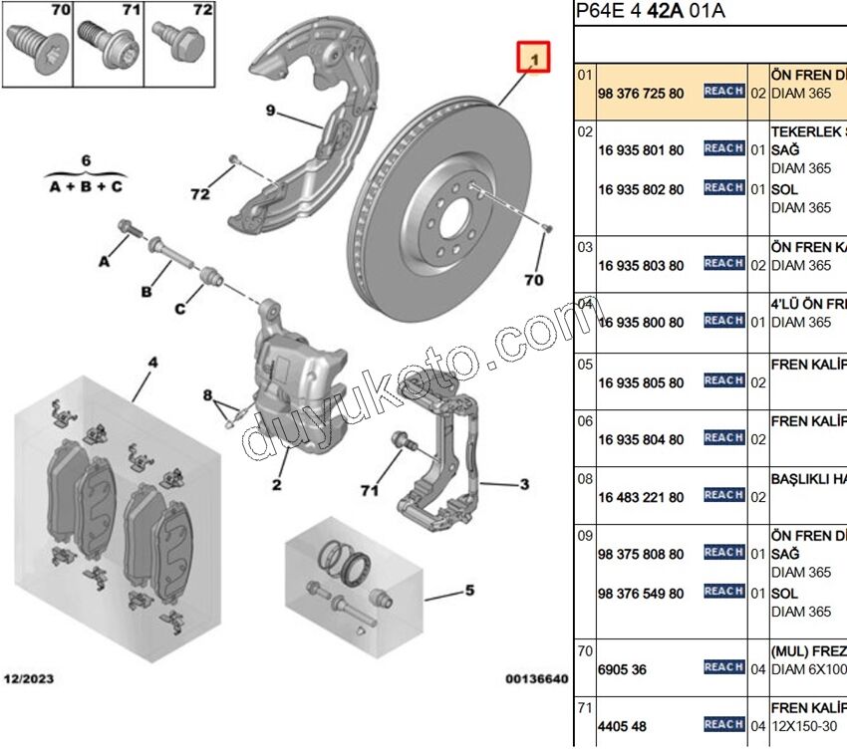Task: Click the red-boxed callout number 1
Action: tap(534, 61)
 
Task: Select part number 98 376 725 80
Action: tap(641, 93)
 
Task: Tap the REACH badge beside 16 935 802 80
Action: tap(723, 188)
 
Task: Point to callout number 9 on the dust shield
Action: tap(270, 111)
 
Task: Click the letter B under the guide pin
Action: tap(145, 292)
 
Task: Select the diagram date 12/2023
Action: tap(29, 679)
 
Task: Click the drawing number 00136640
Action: tap(536, 679)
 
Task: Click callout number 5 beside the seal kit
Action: tap(469, 590)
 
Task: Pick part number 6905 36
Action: tap(622, 669)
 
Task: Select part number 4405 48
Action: tap(622, 726)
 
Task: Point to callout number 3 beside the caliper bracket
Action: tap(524, 485)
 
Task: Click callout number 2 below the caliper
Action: tap(276, 485)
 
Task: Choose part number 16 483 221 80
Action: tap(641, 497)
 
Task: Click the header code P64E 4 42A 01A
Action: tap(651, 12)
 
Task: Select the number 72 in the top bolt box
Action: tap(202, 11)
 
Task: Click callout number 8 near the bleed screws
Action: tap(208, 395)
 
